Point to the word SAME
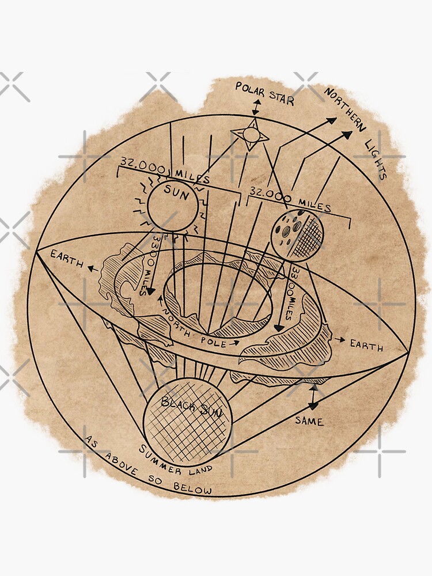click(309, 421)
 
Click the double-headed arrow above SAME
click(313, 397)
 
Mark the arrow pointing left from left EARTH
click(90, 266)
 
